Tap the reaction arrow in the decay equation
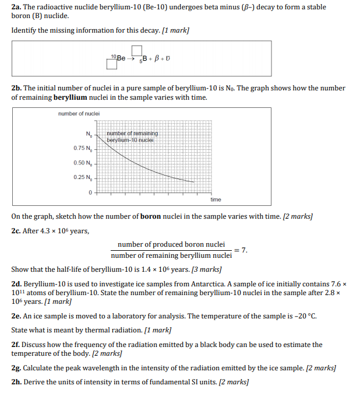pyautogui.click(x=132, y=59)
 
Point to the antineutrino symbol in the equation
pyautogui.click(x=168, y=59)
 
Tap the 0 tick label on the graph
pyautogui.click(x=90, y=192)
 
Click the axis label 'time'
pyautogui.click(x=216, y=199)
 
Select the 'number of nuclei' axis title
pyautogui.click(x=79, y=113)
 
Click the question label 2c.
pyautogui.click(x=16, y=231)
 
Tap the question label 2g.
pyautogui.click(x=16, y=369)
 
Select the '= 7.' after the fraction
pyautogui.click(x=241, y=250)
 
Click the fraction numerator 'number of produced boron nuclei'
pyautogui.click(x=171, y=244)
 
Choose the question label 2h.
pyautogui.click(x=16, y=383)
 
